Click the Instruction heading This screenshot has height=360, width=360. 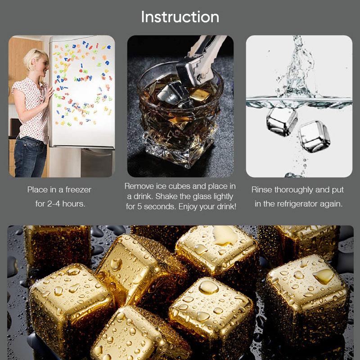point(180,17)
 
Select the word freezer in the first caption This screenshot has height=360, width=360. point(78,190)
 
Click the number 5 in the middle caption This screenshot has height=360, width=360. point(139,207)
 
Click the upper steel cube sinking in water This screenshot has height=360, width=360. point(282,121)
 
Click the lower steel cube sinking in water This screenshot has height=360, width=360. point(314,136)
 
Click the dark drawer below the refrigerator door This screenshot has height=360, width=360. point(97,162)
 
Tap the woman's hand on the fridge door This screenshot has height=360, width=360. point(49,93)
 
